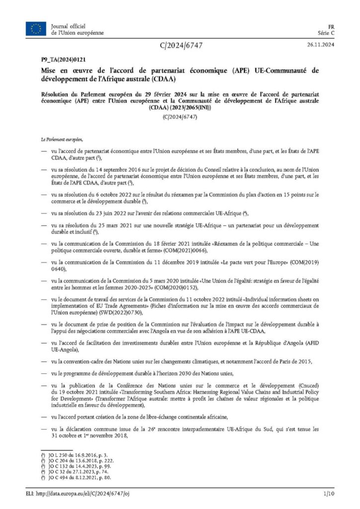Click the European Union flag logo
coord(36,29)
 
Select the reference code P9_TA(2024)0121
coord(59,59)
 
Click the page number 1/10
coord(328,493)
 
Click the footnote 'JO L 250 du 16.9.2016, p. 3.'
coord(73,455)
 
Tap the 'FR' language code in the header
coord(331,25)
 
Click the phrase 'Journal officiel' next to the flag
coord(68,25)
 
